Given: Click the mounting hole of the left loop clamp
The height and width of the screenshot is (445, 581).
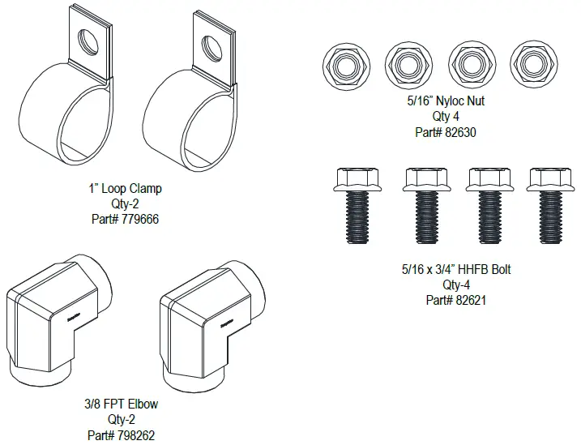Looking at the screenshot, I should point(88,37).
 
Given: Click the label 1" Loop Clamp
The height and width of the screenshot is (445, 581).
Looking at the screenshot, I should point(125,189).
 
